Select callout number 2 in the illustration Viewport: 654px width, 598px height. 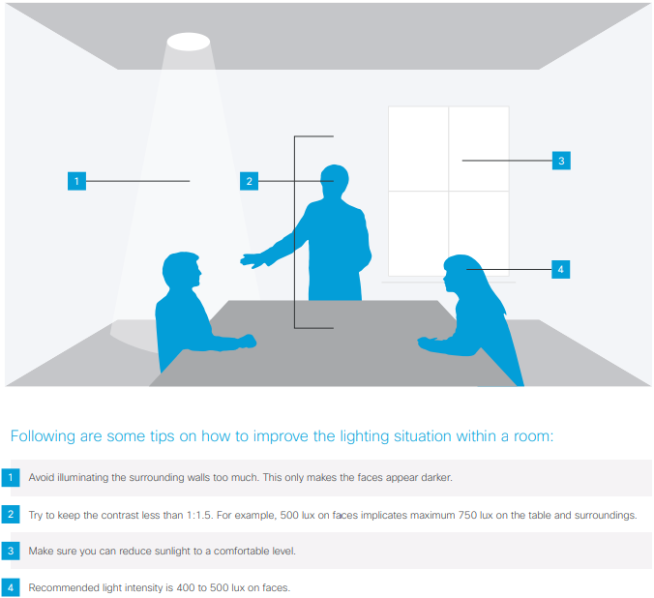click(249, 180)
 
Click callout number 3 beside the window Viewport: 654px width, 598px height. click(561, 161)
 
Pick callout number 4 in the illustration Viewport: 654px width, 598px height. click(560, 269)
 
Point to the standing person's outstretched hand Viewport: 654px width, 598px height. click(253, 259)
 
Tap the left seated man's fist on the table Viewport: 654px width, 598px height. click(246, 342)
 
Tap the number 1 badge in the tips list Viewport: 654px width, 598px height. click(11, 478)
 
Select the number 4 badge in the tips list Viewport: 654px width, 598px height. click(11, 587)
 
